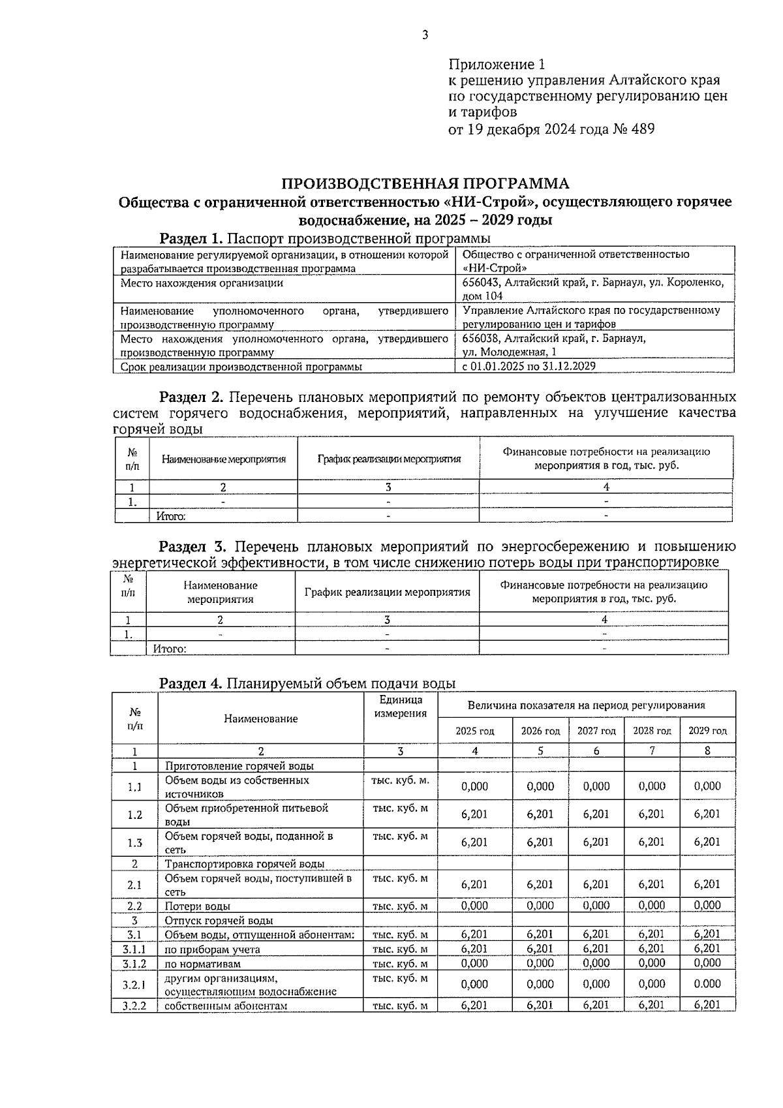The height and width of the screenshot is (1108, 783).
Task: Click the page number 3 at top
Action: pos(425,35)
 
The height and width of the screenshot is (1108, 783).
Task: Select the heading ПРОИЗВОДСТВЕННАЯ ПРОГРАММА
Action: pos(425,183)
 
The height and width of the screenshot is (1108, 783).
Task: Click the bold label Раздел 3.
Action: pos(192,546)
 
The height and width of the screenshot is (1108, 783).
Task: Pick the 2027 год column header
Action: pos(596,731)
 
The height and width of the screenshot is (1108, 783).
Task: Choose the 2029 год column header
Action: pos(707,731)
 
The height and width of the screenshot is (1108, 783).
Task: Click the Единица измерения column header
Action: pos(401,706)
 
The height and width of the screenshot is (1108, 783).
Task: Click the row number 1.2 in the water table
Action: pos(134,814)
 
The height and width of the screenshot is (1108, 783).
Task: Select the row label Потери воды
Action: pos(197,906)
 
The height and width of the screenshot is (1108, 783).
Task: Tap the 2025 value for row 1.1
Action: pos(474,787)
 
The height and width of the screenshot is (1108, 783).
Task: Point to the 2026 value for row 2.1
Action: pos(540,885)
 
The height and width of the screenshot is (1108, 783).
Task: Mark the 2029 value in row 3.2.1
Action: pos(707,984)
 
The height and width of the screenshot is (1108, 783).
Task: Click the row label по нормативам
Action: pos(202,964)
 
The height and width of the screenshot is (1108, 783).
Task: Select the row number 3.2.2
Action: pos(134,1006)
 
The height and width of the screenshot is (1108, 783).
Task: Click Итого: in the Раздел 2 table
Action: pos(171,516)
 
